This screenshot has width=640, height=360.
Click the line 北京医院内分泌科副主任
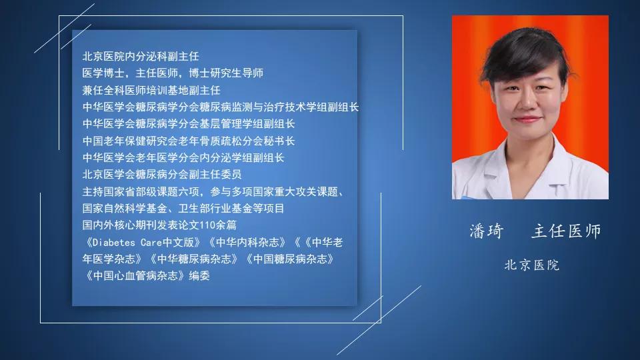coord(141,56)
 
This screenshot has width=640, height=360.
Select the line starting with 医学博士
coord(173,73)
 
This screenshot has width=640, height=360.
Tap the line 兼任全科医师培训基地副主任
coord(151,90)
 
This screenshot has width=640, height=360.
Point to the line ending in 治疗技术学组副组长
coord(221,107)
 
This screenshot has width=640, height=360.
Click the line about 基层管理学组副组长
coord(189,124)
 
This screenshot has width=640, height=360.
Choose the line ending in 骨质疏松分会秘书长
coord(189,141)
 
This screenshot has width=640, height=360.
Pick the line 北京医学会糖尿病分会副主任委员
coord(162,174)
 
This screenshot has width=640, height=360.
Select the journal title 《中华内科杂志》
coord(247,243)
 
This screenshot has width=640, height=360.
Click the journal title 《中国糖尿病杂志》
coord(290,259)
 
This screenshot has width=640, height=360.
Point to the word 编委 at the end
coord(199,276)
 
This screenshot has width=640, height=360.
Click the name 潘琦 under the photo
coord(486,231)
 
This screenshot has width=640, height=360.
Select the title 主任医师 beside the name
coord(566,231)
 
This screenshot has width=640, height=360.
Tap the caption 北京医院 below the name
coord(532,265)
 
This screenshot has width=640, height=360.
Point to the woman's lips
coord(527,119)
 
